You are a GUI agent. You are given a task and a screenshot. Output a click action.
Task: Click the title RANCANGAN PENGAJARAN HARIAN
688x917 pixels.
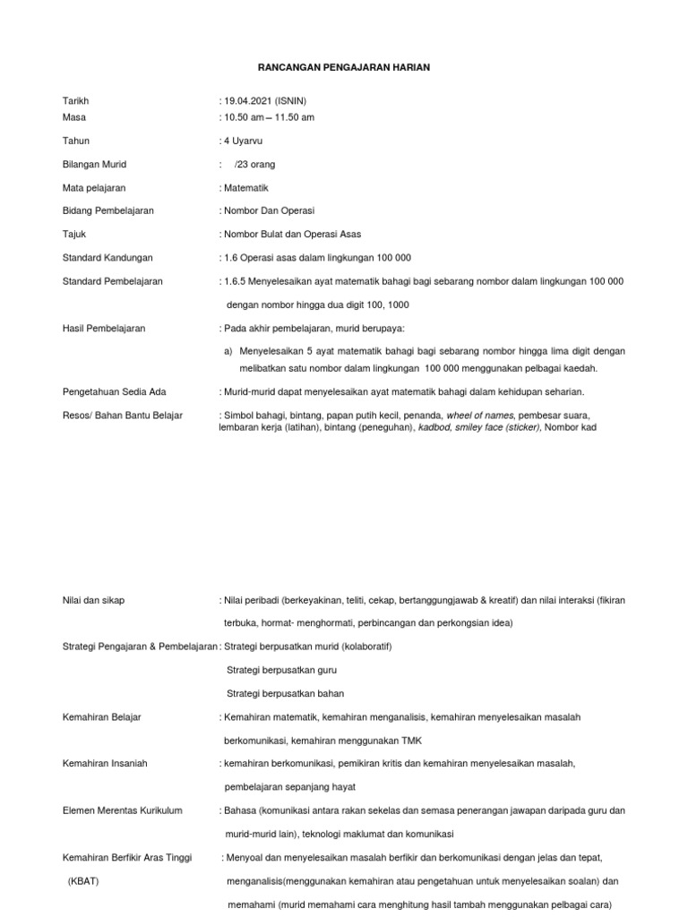coord(344,68)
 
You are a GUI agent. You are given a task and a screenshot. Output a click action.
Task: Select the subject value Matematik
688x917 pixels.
coord(246,188)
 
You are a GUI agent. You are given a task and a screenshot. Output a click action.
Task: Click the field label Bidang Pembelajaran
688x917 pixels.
coord(108,211)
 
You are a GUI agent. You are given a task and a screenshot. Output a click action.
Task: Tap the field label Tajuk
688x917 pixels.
coord(75,235)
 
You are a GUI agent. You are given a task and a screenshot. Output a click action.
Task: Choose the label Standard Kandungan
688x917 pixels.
coord(108,258)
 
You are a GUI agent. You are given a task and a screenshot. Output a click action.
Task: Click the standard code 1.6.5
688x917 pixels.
coord(236,281)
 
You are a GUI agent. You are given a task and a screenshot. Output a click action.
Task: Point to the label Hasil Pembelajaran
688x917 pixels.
coord(104,329)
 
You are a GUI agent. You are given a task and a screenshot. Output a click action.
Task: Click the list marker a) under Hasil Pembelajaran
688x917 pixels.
coord(228,351)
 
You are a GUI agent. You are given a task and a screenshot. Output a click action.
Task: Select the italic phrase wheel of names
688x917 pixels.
coord(480,416)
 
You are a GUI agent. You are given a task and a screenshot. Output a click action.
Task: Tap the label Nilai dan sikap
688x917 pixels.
coord(94,600)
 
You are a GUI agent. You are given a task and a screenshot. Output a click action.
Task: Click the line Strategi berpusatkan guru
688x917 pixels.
coord(282,670)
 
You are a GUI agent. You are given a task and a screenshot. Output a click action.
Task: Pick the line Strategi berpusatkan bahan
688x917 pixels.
coord(286,693)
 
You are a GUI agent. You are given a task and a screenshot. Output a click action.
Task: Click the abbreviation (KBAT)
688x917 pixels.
coord(83,880)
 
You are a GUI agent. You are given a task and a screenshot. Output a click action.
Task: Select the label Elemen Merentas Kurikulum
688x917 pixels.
coord(123,810)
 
